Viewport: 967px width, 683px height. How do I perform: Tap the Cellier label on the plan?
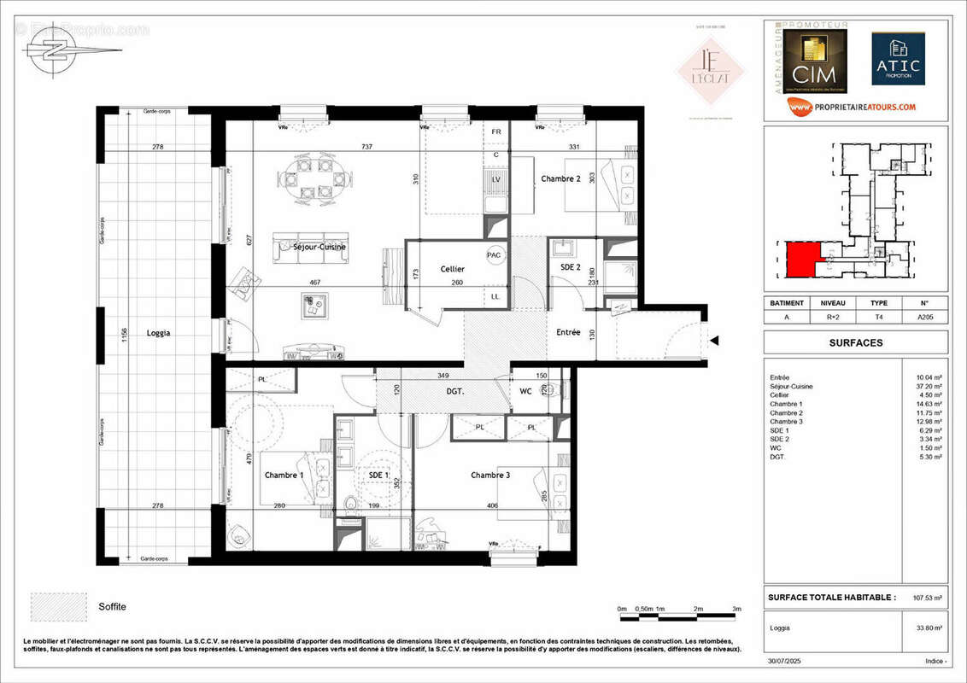[453, 269]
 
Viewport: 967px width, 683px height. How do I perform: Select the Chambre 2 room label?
[561, 178]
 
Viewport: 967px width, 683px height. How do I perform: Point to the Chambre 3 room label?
[491, 475]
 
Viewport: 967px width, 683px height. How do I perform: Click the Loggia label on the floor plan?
[158, 333]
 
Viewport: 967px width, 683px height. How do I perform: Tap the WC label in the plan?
[526, 392]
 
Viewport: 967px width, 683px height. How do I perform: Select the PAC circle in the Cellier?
[494, 254]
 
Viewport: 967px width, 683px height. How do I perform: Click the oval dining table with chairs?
[314, 180]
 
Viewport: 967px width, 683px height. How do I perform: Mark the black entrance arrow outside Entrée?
[715, 341]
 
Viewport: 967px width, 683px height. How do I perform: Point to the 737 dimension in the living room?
[367, 147]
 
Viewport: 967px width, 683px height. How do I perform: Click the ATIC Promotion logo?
[898, 59]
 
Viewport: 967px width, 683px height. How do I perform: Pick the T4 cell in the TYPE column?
[879, 317]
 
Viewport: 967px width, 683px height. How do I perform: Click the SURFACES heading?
[856, 343]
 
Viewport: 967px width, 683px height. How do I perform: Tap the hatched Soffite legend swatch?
[58, 605]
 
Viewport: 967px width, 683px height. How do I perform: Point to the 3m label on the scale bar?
[736, 609]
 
